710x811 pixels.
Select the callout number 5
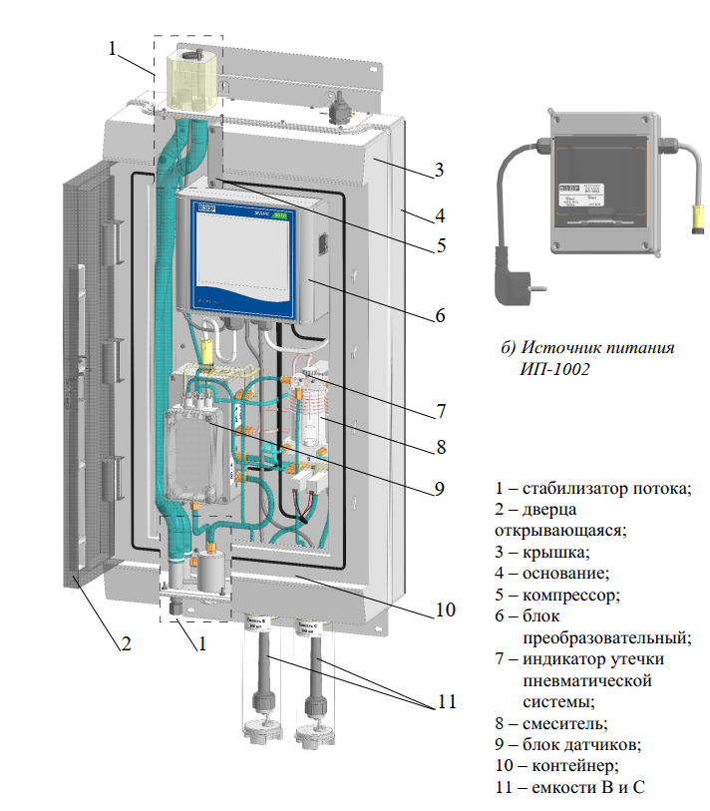coord(440,245)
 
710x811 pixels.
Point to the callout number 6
coord(440,317)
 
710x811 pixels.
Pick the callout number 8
coord(440,446)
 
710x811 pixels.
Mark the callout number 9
coord(440,490)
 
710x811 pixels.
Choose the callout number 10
coord(445,608)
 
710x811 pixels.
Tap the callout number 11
coord(444,701)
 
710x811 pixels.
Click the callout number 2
coord(126,643)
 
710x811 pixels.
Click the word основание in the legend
coord(564,573)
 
